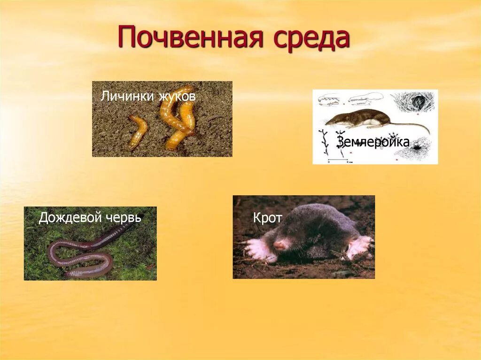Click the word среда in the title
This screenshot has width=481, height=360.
click(310, 38)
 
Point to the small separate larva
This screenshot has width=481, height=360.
click(138, 130)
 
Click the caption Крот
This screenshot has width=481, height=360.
click(267, 218)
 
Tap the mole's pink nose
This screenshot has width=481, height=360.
click(280, 245)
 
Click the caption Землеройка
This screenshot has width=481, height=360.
click(373, 142)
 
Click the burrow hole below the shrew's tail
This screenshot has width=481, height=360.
click(417, 148)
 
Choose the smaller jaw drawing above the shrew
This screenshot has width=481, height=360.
click(330, 100)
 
